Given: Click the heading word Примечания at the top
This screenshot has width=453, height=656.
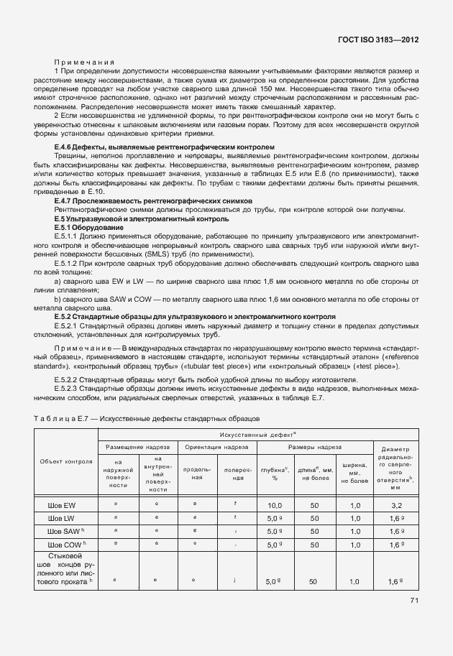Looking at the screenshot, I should (x=84, y=63).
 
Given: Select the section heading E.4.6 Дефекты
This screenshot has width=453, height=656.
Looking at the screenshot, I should (x=165, y=146).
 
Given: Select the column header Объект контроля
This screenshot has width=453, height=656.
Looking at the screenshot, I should (x=66, y=461).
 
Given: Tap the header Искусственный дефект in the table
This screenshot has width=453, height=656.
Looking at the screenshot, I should (x=263, y=435).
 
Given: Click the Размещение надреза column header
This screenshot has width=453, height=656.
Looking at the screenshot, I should (x=137, y=447).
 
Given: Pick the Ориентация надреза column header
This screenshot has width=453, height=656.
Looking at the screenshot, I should (x=216, y=447).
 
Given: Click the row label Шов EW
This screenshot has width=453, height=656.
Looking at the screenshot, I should (x=66, y=506).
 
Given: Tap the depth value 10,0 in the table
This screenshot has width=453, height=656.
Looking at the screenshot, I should (x=274, y=506).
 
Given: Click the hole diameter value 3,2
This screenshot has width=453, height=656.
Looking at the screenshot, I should (x=398, y=506).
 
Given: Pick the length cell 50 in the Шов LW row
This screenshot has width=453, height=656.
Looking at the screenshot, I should (x=314, y=518).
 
